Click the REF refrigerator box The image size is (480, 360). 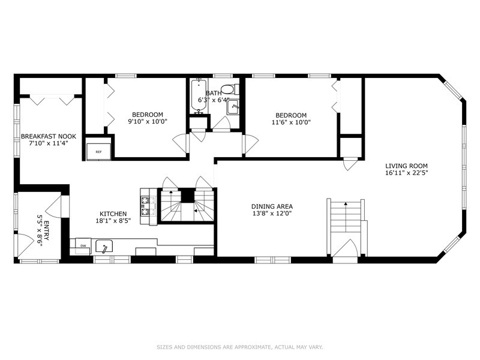98,152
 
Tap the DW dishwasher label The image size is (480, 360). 83,245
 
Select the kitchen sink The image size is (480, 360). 104,247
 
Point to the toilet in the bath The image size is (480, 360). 230,89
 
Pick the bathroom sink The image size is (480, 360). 233,107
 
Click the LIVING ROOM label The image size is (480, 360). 406,166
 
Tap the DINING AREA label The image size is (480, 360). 272,206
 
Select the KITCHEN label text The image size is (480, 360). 113,214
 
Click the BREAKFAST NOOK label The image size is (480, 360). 49,136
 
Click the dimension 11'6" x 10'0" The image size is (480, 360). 291,122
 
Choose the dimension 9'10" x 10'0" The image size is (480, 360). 148,122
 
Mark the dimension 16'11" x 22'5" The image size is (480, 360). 406,173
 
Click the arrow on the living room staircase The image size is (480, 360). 346,204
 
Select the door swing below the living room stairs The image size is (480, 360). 345,247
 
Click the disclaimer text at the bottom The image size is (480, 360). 239,347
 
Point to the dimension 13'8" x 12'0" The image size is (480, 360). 272,214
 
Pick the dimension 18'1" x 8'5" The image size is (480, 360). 113,221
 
